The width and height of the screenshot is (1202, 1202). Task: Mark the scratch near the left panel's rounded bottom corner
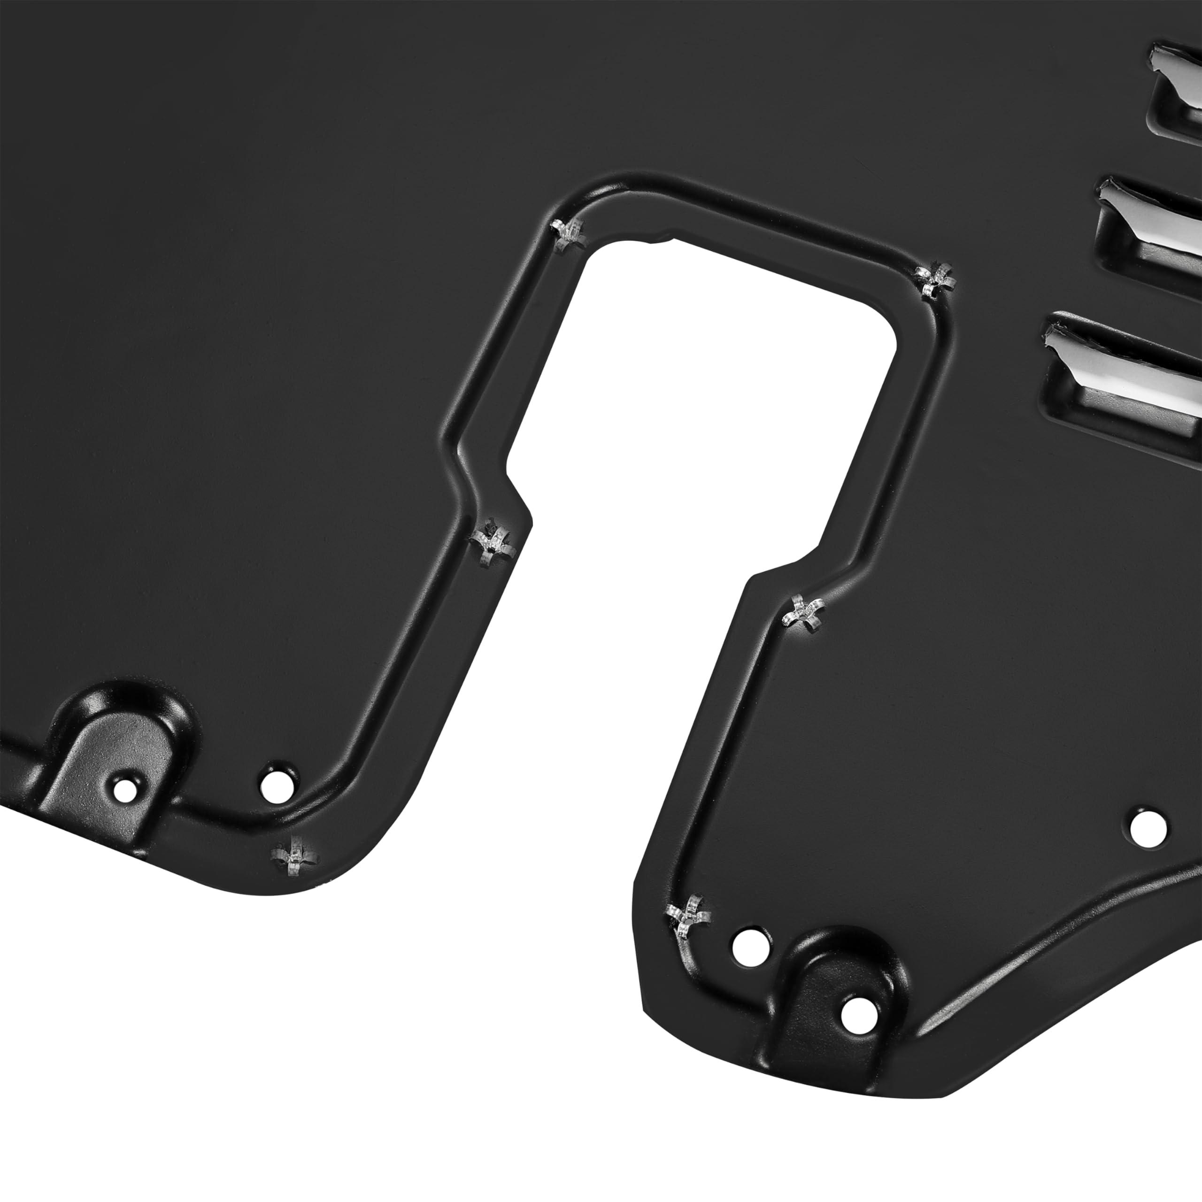point(293,858)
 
